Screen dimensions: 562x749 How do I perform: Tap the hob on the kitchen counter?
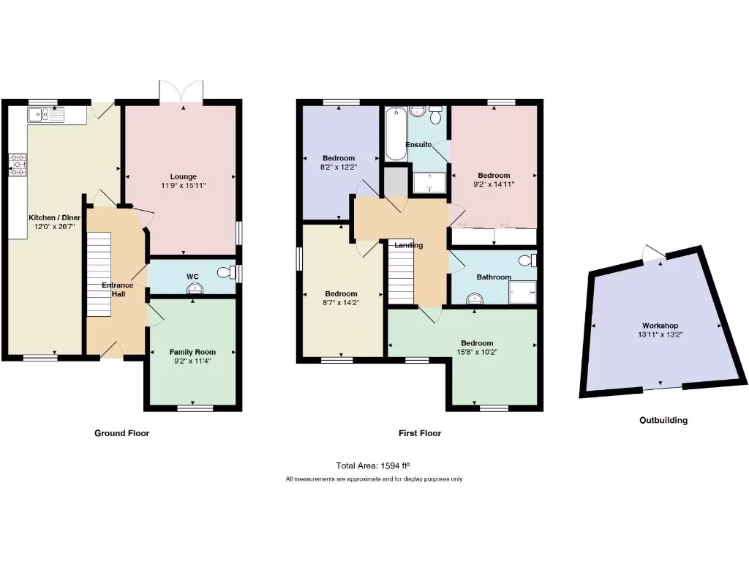tap(18, 165)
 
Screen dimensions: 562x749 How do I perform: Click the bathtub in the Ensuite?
tap(396, 133)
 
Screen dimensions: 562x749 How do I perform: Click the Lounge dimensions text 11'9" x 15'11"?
tap(183, 186)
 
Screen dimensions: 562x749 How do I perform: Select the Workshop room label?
tap(660, 326)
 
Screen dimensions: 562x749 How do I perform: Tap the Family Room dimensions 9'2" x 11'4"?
tap(192, 361)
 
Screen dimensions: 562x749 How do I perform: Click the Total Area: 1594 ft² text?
tap(373, 465)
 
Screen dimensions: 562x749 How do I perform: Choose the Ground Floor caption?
tap(121, 433)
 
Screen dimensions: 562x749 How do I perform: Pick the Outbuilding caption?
tap(663, 421)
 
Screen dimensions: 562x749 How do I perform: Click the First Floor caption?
tap(419, 433)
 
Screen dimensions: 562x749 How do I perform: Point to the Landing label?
tap(409, 245)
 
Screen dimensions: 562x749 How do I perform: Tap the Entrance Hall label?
tap(117, 290)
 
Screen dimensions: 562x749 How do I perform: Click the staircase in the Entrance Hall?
tap(99, 274)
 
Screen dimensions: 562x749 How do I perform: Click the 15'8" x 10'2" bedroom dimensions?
tap(476, 353)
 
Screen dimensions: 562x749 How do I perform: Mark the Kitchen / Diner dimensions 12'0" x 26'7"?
tap(54, 227)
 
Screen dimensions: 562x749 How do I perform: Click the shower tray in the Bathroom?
tap(523, 292)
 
